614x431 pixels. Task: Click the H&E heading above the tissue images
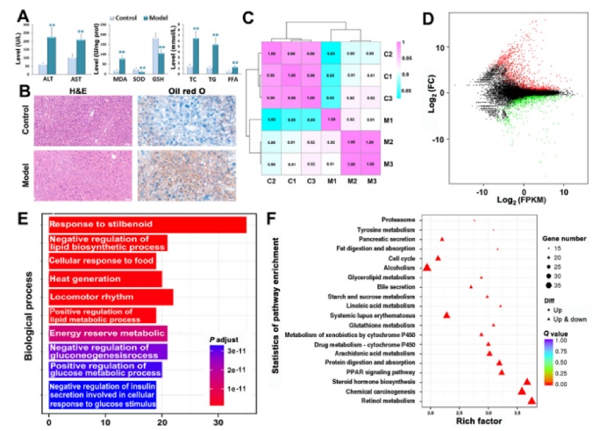(75, 90)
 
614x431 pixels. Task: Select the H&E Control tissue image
(75, 121)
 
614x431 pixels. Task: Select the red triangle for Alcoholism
(427, 267)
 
